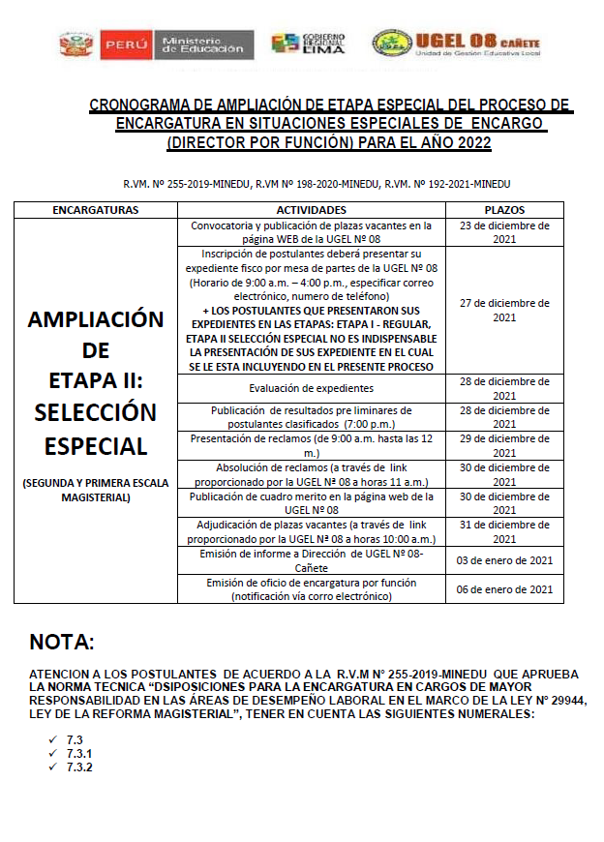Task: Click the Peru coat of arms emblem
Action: (x=75, y=45)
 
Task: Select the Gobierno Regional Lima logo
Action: (x=301, y=45)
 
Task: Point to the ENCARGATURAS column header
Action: (x=95, y=209)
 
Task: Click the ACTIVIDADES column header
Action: (x=311, y=209)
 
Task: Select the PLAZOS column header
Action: (x=504, y=209)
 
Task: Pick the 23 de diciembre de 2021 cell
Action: (x=504, y=232)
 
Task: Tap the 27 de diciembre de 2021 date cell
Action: (x=504, y=310)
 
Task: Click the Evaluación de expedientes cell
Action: (x=311, y=388)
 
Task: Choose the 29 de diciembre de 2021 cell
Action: (x=504, y=445)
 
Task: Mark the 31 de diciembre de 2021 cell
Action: (x=504, y=532)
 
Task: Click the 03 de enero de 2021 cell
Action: (x=504, y=560)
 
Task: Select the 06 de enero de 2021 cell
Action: (x=504, y=589)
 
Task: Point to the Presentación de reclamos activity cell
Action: (x=311, y=445)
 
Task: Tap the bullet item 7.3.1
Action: (x=80, y=753)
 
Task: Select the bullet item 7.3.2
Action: (x=80, y=767)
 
